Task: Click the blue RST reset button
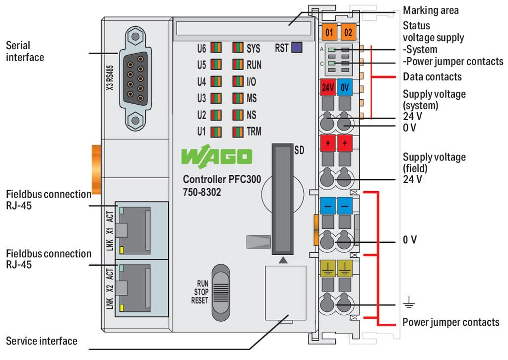click(x=297, y=48)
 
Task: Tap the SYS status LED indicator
click(x=238, y=48)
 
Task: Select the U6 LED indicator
click(x=216, y=48)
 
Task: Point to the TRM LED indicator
click(x=238, y=132)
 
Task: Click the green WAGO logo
click(x=217, y=157)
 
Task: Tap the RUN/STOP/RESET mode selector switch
click(x=221, y=291)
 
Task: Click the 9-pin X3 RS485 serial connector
click(x=134, y=78)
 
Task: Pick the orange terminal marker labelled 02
click(x=348, y=33)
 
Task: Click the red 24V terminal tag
click(x=328, y=88)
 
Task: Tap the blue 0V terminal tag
click(x=345, y=88)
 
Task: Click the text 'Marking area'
click(x=431, y=10)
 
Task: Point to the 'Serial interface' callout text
click(x=25, y=51)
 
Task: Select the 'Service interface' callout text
click(x=42, y=341)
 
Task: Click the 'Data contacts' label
click(x=432, y=76)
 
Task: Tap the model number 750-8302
click(x=202, y=192)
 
